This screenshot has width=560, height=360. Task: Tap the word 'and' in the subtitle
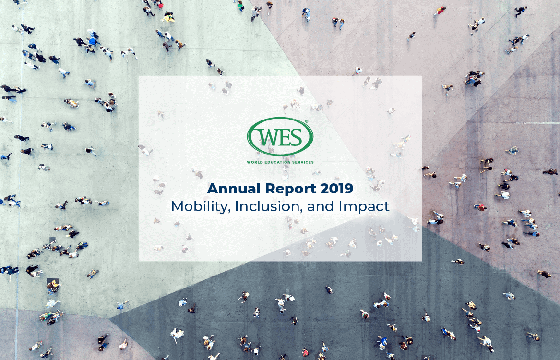317,206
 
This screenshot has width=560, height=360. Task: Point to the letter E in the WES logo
286,138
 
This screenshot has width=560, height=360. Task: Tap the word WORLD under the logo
254,162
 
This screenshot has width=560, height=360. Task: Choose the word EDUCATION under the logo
278,162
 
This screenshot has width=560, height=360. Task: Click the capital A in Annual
212,189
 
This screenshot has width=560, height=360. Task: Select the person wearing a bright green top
241,6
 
